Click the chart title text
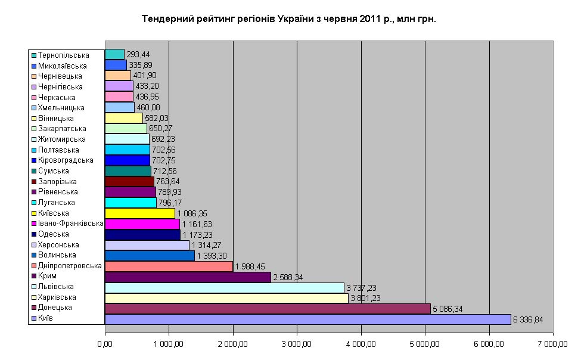[288, 19]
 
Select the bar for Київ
[307, 319]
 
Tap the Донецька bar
[267, 308]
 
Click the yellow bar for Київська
[139, 213]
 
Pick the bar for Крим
[187, 277]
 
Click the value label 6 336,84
[530, 319]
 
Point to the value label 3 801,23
[368, 298]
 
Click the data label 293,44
[137, 55]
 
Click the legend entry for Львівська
[56, 287]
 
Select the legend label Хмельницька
[61, 108]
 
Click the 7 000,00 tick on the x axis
[554, 345]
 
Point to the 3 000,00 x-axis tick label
[297, 345]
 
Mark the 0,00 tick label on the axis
[105, 345]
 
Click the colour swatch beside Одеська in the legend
[34, 234]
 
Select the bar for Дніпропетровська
[169, 266]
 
